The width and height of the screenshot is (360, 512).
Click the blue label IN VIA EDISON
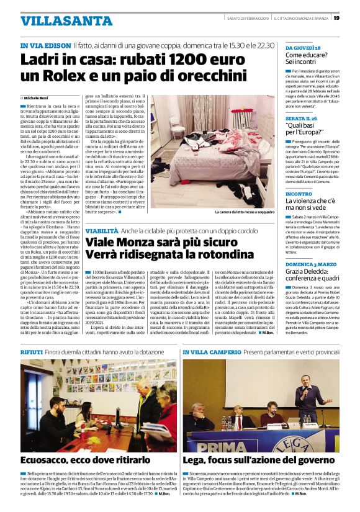(45, 46)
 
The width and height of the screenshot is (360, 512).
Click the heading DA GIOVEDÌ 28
(303, 48)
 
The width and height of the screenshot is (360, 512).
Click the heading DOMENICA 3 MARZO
(310, 264)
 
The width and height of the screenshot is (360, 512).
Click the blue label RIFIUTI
(32, 352)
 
